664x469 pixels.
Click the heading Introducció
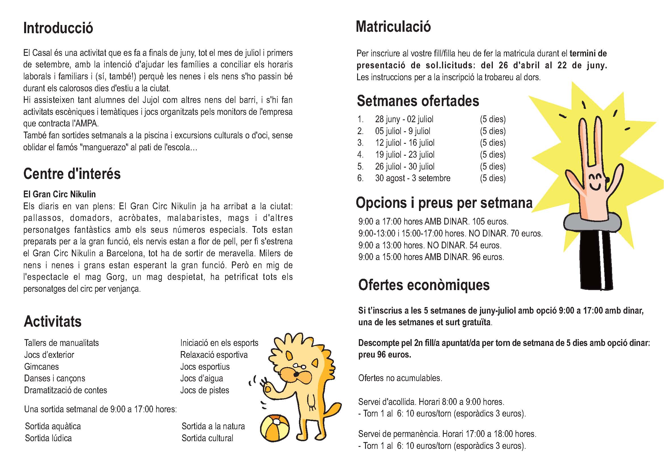pos(58,28)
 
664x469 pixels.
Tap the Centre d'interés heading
pos(72,174)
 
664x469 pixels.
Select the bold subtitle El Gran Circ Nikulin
pos(59,194)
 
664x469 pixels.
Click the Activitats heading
pos(53,322)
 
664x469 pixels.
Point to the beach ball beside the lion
pos(275,428)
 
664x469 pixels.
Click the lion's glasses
pos(299,366)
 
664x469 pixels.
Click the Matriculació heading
pos(393,27)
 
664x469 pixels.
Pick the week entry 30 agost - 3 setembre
pos(412,178)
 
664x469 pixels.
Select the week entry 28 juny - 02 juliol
pos(404,119)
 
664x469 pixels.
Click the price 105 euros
pos(490,221)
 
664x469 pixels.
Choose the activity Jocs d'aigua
pos(202,378)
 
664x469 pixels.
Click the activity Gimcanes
pos(41,366)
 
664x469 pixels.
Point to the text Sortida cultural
pos(207,438)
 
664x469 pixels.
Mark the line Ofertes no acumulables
pos(400,378)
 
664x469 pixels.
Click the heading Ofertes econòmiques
pos(424,285)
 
